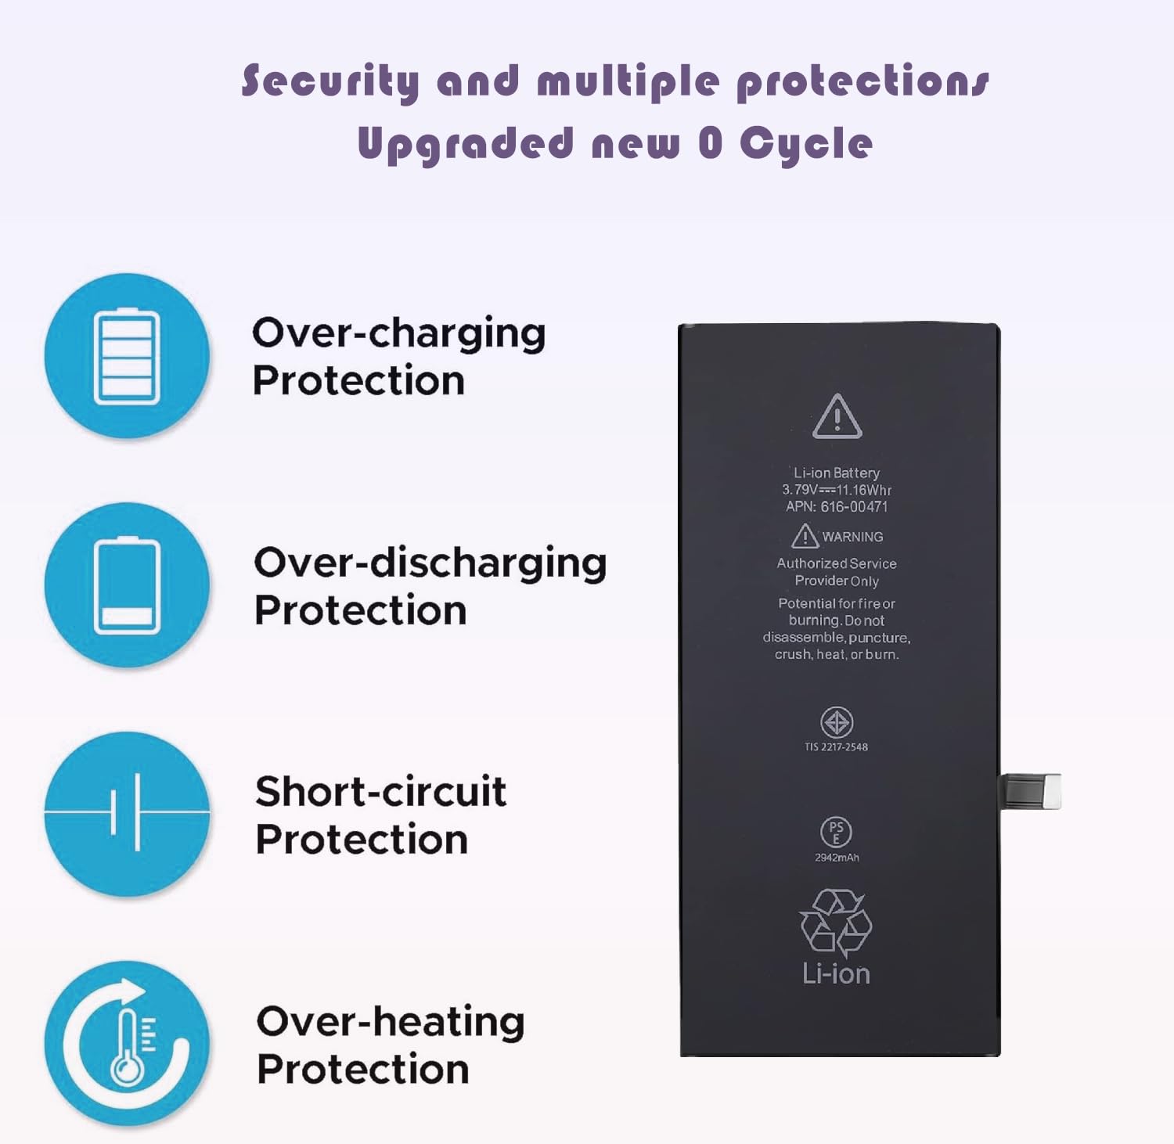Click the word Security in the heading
tap(330, 81)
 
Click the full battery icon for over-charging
tap(127, 356)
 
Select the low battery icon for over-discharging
tap(127, 585)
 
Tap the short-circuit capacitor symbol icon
tap(127, 814)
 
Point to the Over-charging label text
tap(398, 334)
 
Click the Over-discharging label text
tap(430, 563)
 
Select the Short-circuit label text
tap(380, 792)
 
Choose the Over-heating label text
tap(390, 1022)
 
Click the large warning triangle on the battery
tap(837, 417)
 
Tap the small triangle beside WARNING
tap(805, 536)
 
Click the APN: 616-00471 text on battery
tap(837, 507)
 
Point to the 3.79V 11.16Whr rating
tap(837, 490)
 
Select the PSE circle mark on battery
tap(836, 833)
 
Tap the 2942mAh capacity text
tap(837, 858)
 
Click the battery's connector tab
tap(1032, 791)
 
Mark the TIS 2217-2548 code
tap(836, 747)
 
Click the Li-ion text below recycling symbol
tap(836, 974)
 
